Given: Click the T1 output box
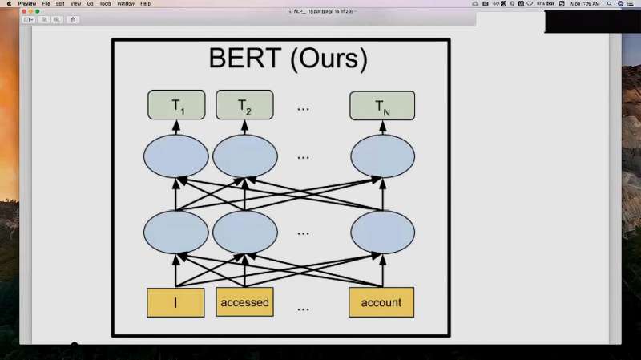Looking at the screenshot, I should pyautogui.click(x=176, y=106).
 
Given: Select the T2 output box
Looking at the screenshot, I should pyautogui.click(x=244, y=106).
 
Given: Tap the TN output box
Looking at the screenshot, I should pyautogui.click(x=382, y=106).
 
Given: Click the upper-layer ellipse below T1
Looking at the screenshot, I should pyautogui.click(x=176, y=156).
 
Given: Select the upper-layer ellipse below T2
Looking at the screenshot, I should pyautogui.click(x=244, y=156).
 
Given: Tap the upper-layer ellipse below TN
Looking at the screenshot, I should pyautogui.click(x=382, y=156).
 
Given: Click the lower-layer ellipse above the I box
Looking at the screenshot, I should pyautogui.click(x=176, y=232).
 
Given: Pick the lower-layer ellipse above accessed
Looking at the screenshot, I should pyautogui.click(x=244, y=232).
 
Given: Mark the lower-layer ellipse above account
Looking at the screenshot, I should pyautogui.click(x=382, y=232).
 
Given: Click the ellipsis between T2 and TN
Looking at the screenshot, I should pyautogui.click(x=304, y=107).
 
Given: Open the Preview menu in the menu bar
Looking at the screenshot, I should pyautogui.click(x=27, y=3).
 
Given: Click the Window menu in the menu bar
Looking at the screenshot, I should pyautogui.click(x=126, y=3).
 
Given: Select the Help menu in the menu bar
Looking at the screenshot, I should pyautogui.click(x=145, y=3).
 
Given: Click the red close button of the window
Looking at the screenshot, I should pyautogui.click(x=24, y=11).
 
